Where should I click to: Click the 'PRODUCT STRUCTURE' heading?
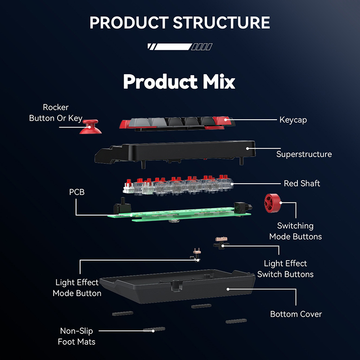point(180,22)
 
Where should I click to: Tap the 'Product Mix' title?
point(179,82)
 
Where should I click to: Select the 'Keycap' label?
point(293,120)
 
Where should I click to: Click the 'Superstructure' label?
point(304,154)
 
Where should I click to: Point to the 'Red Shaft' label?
point(302,184)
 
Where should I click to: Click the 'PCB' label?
point(76,192)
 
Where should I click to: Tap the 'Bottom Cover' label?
point(296,314)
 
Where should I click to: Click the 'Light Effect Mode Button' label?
point(76,288)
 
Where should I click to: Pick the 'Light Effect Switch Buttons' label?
point(285,269)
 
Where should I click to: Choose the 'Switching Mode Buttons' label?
point(295,231)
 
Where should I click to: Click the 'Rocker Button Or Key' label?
point(56,112)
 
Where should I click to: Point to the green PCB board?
point(180,213)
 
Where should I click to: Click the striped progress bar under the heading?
point(180,46)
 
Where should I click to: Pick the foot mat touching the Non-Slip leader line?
point(154,330)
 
